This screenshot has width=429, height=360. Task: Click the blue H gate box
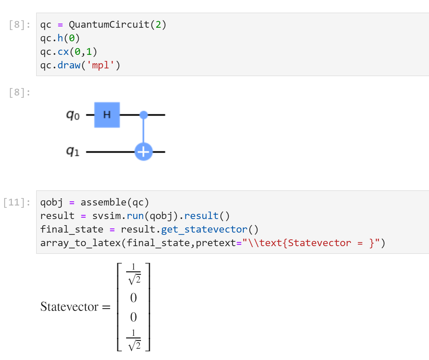[x=107, y=115]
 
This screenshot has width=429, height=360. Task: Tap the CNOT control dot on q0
[x=144, y=115]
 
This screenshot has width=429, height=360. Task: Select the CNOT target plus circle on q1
[x=144, y=152]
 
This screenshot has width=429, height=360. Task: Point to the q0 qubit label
[x=73, y=115]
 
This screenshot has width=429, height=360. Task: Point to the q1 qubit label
[x=73, y=151]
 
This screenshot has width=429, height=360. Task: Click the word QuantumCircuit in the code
[x=109, y=25]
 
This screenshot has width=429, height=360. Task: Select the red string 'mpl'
[x=100, y=65]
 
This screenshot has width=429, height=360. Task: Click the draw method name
[x=69, y=65]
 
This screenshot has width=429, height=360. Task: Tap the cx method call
[x=63, y=52]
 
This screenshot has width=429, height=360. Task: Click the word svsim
[x=106, y=216]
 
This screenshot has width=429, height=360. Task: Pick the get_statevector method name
[x=204, y=229]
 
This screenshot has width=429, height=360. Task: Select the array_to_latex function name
[x=80, y=243]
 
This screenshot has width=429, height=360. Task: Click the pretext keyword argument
[x=216, y=243]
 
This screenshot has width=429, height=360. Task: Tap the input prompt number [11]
[x=16, y=202]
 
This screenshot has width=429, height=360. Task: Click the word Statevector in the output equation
[x=69, y=306]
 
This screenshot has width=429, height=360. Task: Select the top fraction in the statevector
[x=134, y=274]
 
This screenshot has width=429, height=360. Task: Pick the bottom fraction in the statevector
[x=134, y=340]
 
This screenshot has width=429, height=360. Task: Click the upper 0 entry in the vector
[x=134, y=297]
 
